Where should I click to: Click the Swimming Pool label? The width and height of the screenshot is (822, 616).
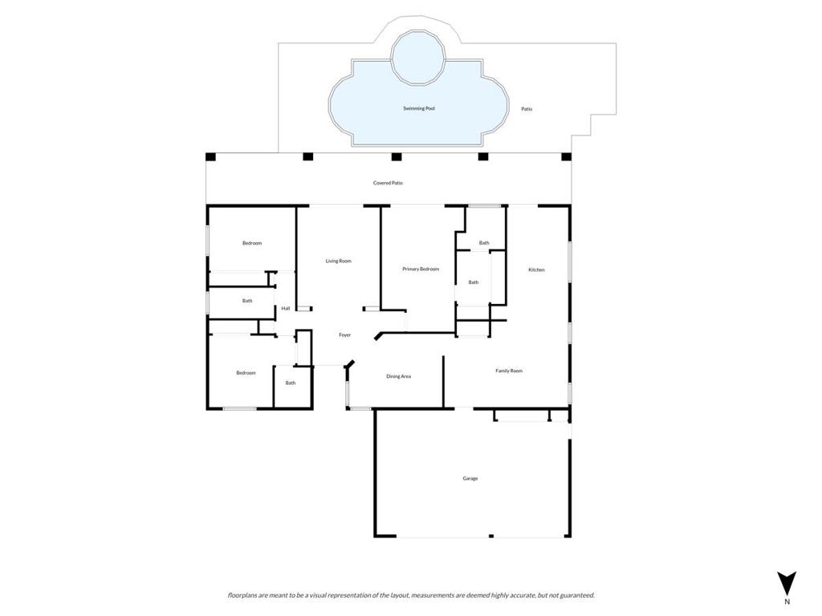tap(419, 108)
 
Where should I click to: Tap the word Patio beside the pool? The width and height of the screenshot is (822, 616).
tap(527, 109)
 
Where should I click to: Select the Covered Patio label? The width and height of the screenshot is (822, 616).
tap(388, 183)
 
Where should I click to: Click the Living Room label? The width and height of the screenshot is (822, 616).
tap(338, 261)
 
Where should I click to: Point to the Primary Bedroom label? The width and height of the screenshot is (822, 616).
tap(421, 269)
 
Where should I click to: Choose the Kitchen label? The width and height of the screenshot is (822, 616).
tap(536, 269)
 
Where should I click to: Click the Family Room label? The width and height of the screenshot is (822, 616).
tap(509, 371)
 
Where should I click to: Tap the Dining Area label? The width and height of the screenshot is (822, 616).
tap(398, 376)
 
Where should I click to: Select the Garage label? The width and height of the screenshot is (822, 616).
tap(470, 478)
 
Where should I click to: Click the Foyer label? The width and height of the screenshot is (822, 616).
tap(344, 334)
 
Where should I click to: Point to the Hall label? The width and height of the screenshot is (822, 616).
tap(285, 308)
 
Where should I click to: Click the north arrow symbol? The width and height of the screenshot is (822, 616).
tap(787, 583)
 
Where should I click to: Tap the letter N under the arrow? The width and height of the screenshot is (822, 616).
tap(787, 602)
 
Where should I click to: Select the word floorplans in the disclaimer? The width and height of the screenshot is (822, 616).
tap(243, 595)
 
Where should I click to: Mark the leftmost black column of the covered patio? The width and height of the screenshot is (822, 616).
tap(210, 156)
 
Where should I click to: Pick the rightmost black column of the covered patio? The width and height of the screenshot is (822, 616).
tap(566, 156)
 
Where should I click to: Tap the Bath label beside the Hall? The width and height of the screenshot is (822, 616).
tap(247, 301)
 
